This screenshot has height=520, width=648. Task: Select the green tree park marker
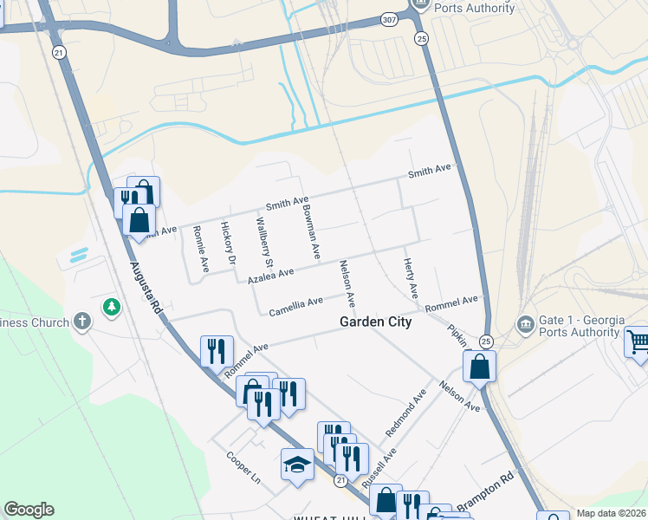111,306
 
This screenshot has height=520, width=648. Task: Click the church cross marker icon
82,322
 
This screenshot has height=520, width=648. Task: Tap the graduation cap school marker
297,464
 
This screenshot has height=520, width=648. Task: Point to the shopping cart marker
638,341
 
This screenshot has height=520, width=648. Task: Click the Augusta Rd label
144,288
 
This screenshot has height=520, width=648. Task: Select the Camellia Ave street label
295,306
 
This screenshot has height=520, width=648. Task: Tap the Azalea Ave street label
271,275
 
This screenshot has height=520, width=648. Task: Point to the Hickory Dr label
228,243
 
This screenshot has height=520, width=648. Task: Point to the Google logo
29,510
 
